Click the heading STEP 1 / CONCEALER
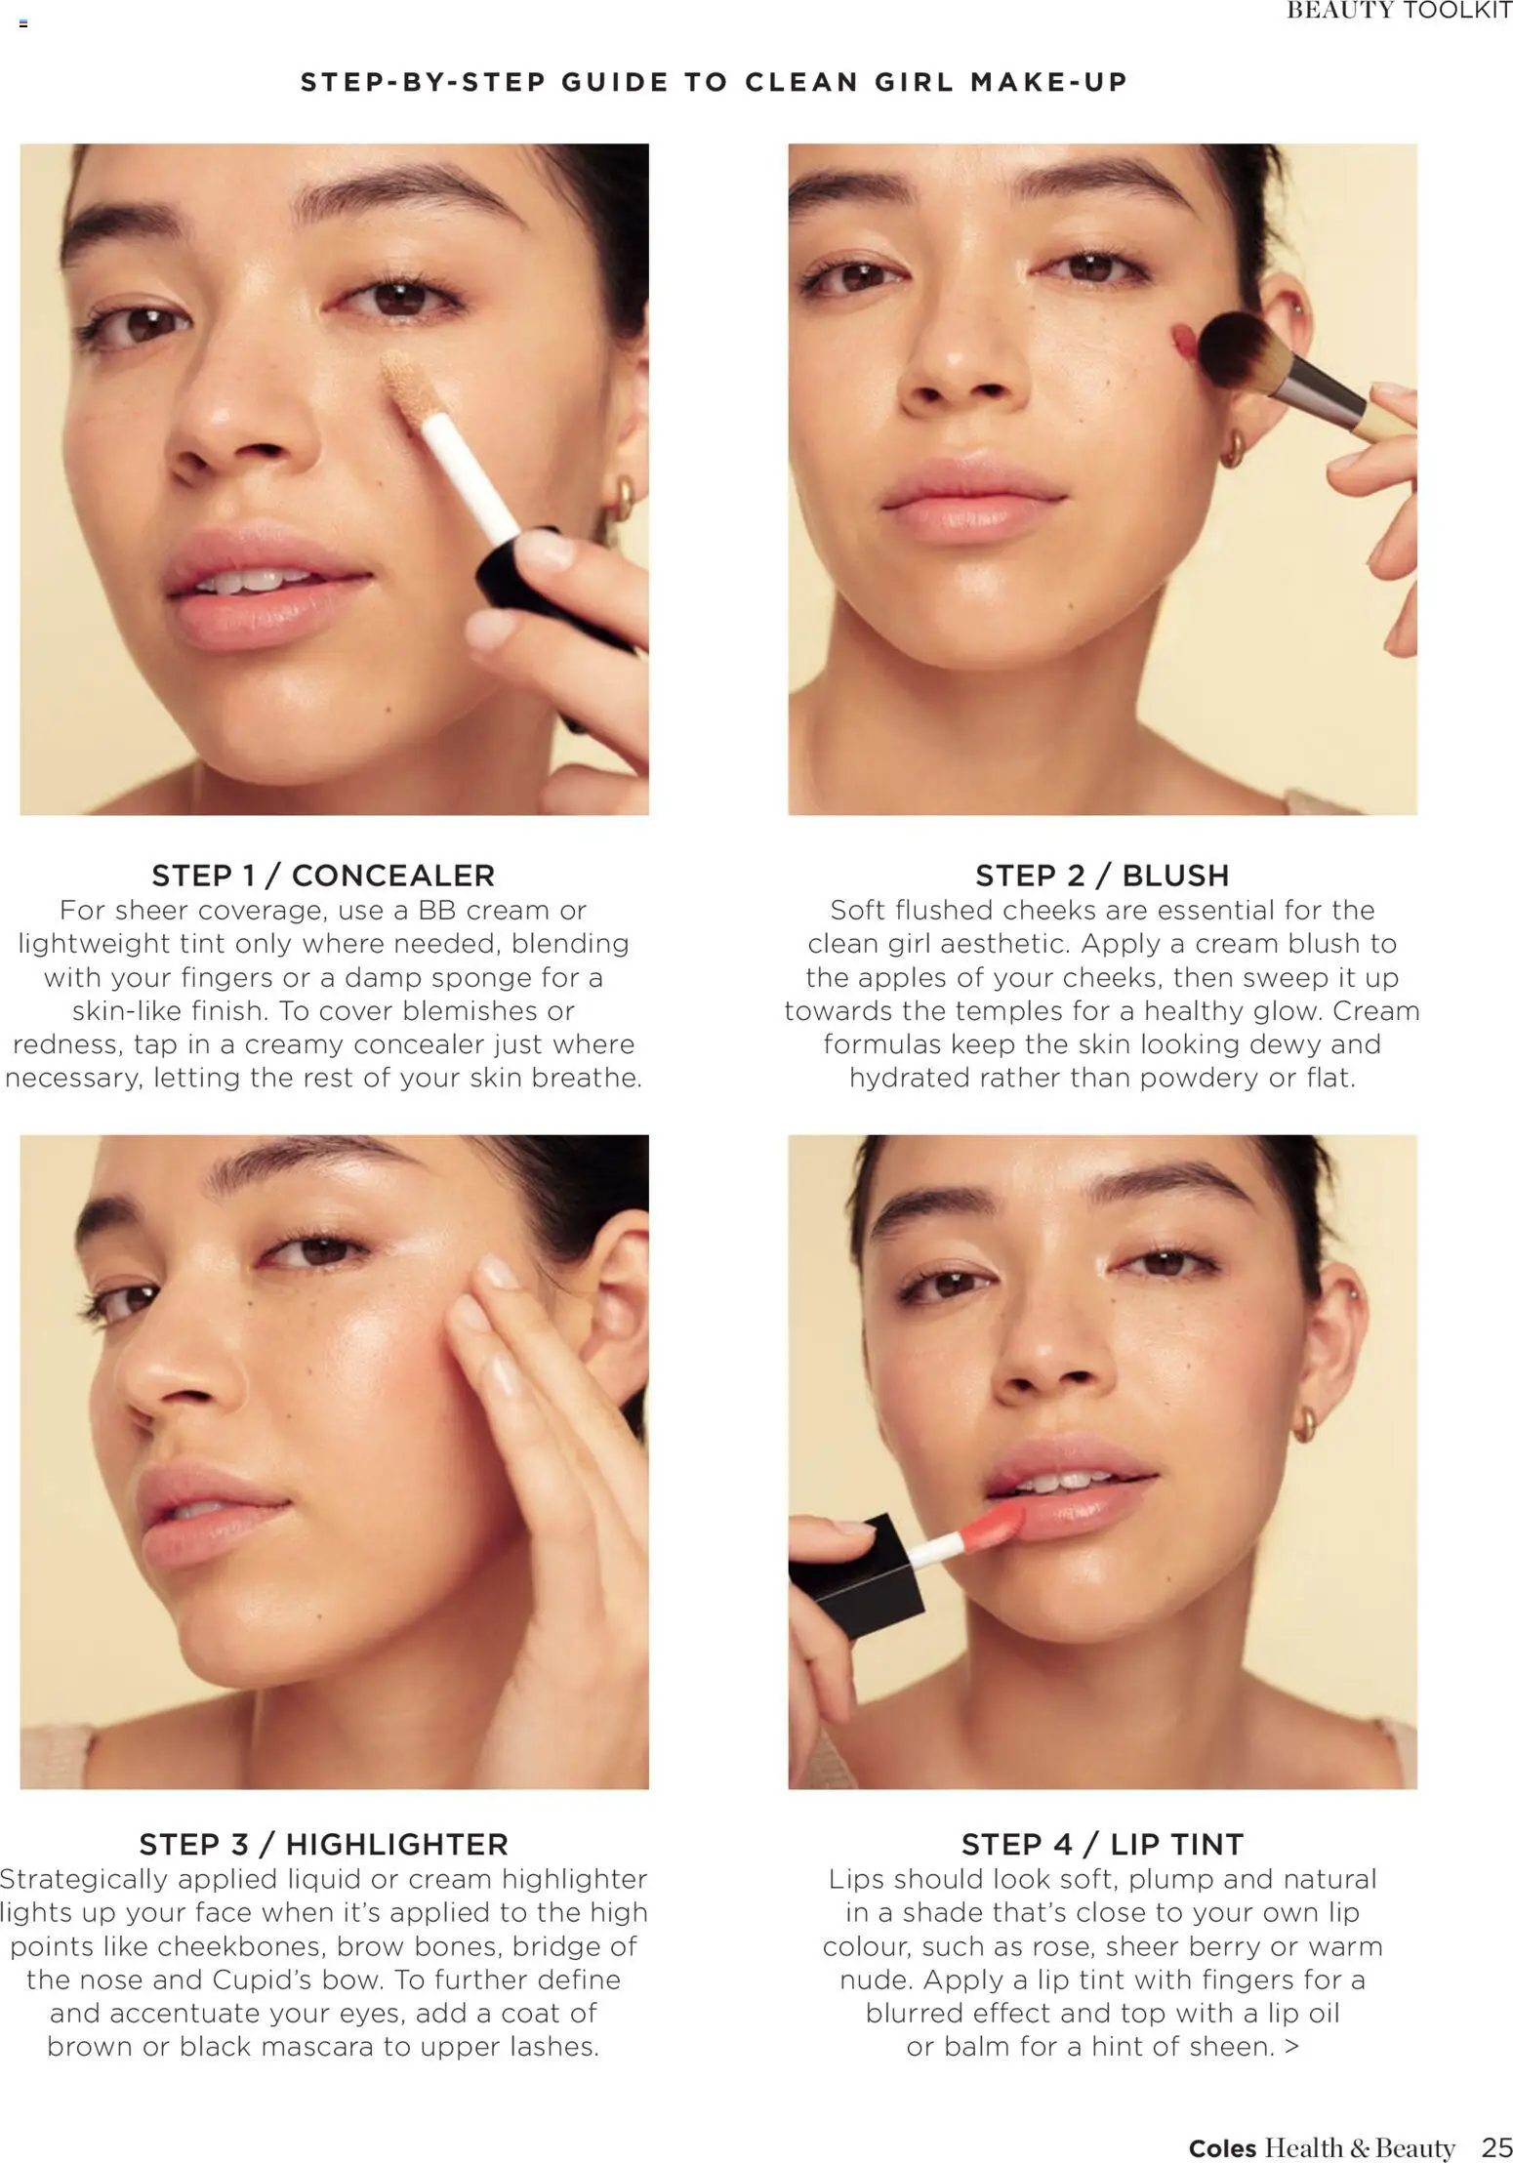[323, 875]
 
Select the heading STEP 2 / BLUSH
[1102, 875]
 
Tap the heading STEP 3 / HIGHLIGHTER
[323, 1844]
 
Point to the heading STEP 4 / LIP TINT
[1102, 1844]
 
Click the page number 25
[1496, 2146]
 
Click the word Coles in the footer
[1222, 2147]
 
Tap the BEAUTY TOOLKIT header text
[1399, 11]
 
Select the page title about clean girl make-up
[714, 82]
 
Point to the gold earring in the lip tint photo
[1304, 1424]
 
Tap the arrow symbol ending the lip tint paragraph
[1292, 2047]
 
